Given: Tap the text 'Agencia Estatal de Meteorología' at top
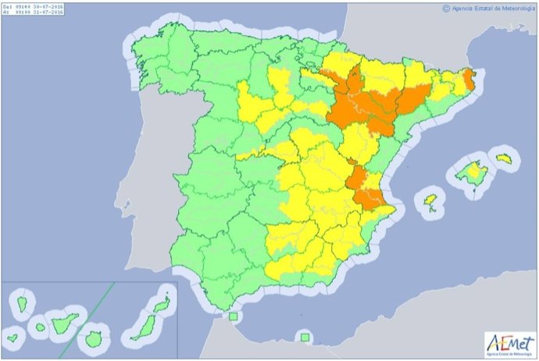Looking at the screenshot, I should point(491,9).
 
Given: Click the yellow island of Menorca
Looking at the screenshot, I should point(504,158).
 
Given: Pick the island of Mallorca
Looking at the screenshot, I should point(471,172).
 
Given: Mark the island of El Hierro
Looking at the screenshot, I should point(12,340).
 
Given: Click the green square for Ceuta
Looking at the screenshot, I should point(232,317).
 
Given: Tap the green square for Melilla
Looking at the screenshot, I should point(305,338).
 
